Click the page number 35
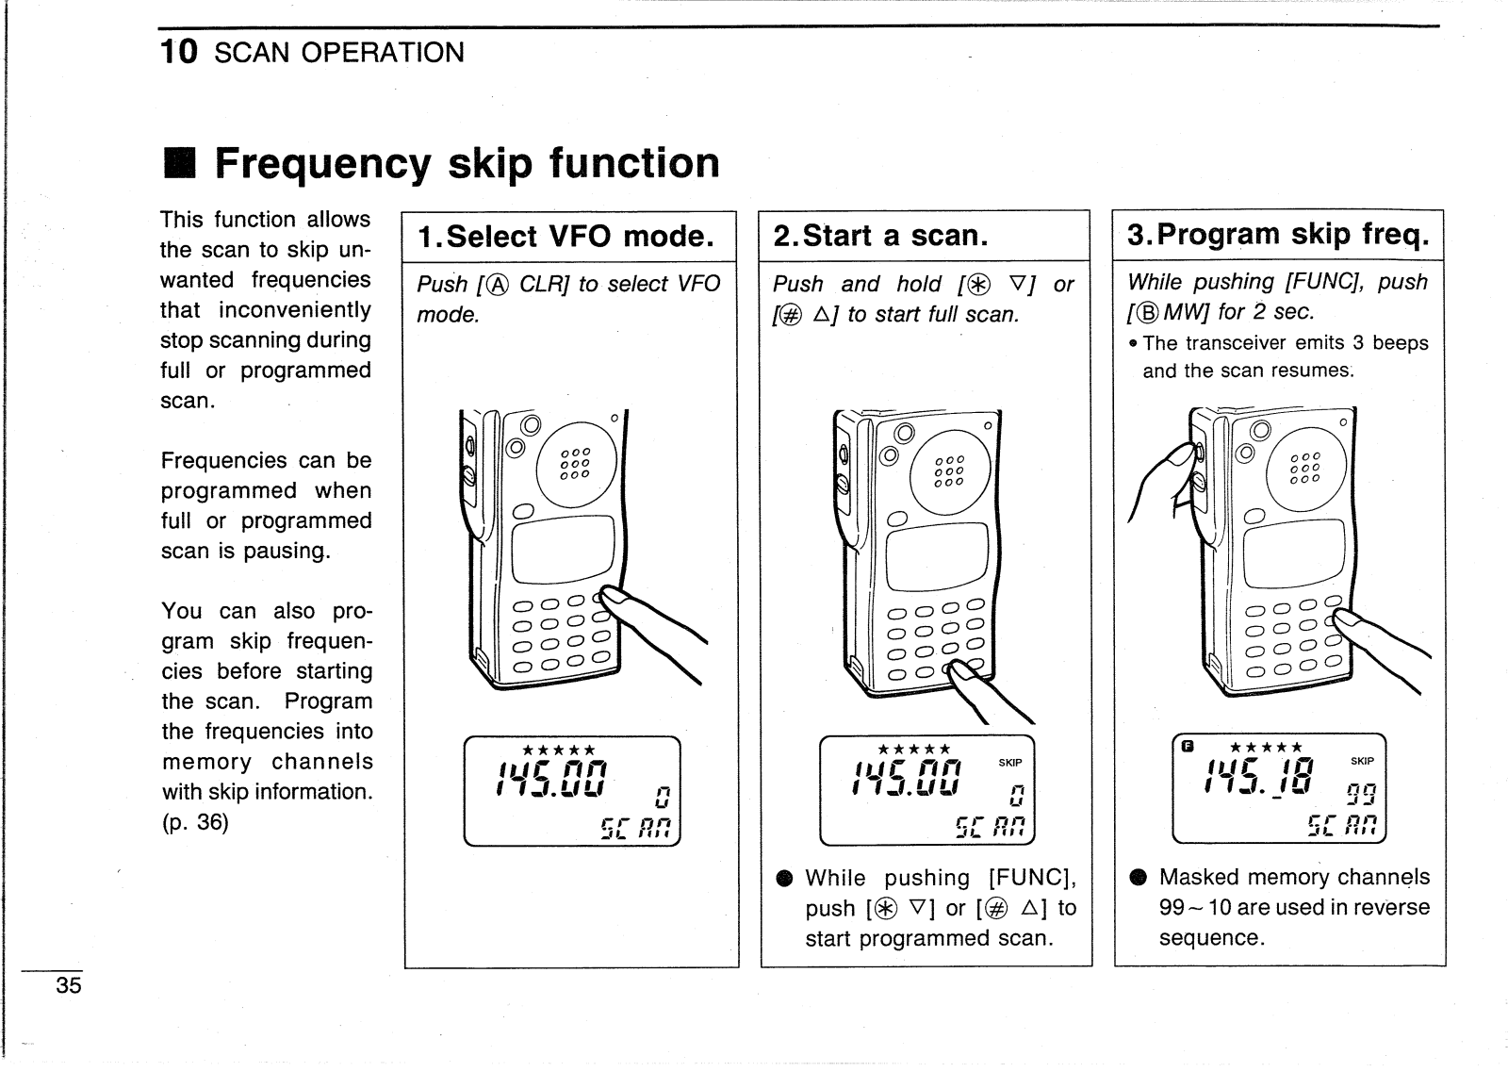69,986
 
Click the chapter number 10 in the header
179,52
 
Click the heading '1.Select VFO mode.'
565,236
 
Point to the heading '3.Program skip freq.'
1278,234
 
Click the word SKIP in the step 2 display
1009,763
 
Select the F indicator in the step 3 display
1188,747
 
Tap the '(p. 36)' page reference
194,822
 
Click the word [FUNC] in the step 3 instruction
1328,282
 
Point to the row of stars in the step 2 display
913,750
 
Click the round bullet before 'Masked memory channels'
1137,878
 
